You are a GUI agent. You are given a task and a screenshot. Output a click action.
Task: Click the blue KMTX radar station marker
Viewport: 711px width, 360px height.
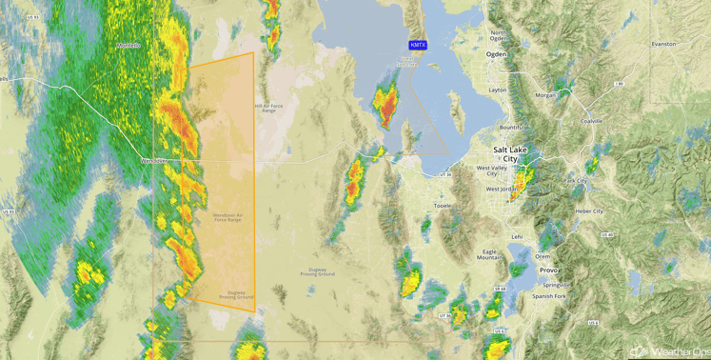click(x=418, y=46)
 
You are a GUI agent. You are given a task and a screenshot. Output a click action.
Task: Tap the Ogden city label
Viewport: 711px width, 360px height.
click(x=497, y=55)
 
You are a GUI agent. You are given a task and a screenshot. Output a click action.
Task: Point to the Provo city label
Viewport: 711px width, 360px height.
click(x=548, y=270)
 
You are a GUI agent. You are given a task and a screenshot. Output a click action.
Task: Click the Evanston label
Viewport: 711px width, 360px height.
click(x=663, y=44)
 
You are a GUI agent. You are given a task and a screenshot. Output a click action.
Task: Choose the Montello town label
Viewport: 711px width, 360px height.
click(x=128, y=46)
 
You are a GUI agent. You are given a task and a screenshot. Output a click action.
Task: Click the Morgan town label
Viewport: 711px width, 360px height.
click(x=545, y=96)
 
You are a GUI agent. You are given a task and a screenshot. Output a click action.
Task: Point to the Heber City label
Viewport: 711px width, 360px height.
click(x=588, y=210)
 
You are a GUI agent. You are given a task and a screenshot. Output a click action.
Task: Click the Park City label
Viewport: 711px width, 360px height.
click(x=575, y=181)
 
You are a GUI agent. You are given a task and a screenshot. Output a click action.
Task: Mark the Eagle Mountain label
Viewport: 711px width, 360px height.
click(x=489, y=254)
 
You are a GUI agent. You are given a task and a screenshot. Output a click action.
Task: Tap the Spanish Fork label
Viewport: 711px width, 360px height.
click(x=550, y=296)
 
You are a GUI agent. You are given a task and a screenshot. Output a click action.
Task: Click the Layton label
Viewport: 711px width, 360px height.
click(x=498, y=90)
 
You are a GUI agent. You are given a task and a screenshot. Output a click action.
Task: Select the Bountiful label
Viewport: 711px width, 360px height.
click(x=512, y=127)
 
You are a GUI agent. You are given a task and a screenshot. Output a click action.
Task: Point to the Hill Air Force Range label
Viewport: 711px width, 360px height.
click(x=267, y=108)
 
